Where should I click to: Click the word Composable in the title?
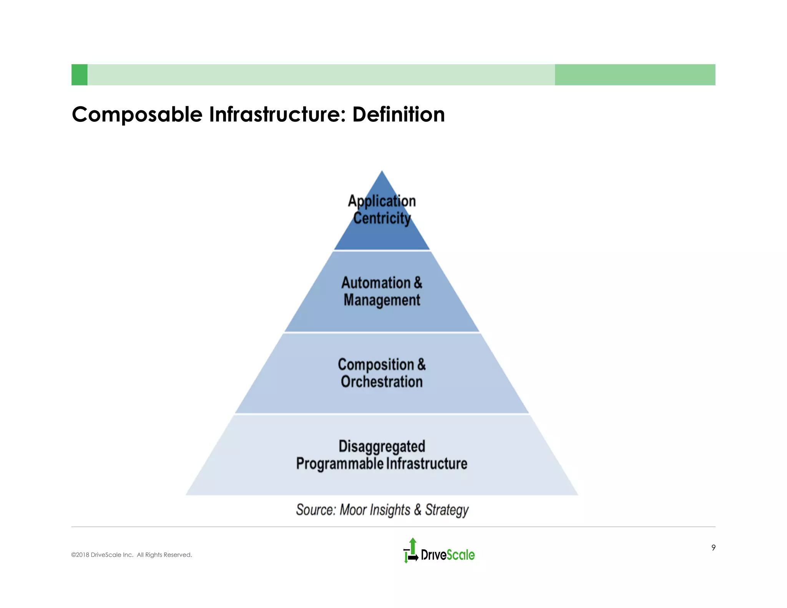pos(137,115)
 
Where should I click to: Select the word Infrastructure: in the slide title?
pos(277,115)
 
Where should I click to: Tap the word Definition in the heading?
pos(398,115)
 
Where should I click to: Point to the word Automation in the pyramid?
pos(376,283)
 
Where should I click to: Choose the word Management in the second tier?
pos(382,300)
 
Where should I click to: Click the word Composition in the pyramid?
pos(376,365)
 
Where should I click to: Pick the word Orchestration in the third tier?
pos(382,382)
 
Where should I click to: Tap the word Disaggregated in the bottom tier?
pos(382,446)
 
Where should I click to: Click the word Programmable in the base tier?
pos(340,463)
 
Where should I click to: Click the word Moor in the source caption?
pos(353,510)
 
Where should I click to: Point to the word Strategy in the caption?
pos(447,510)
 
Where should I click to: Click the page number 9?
pos(713,548)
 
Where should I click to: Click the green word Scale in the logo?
pos(461,555)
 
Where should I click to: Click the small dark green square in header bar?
pos(80,75)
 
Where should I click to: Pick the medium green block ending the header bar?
pos(635,75)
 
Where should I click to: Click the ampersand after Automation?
pos(418,283)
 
